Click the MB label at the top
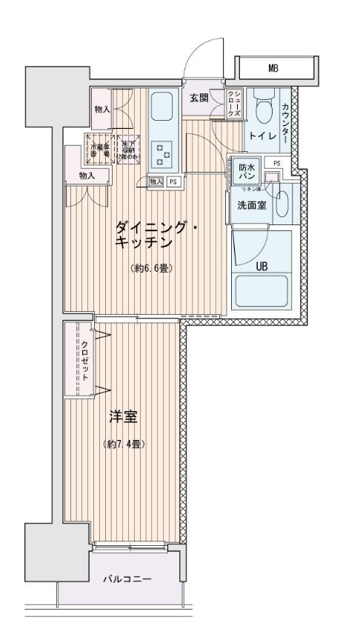point(273,69)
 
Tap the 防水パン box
point(246,173)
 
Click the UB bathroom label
point(261,266)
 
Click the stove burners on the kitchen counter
point(162,150)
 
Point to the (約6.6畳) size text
point(151,267)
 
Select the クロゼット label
point(84,361)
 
